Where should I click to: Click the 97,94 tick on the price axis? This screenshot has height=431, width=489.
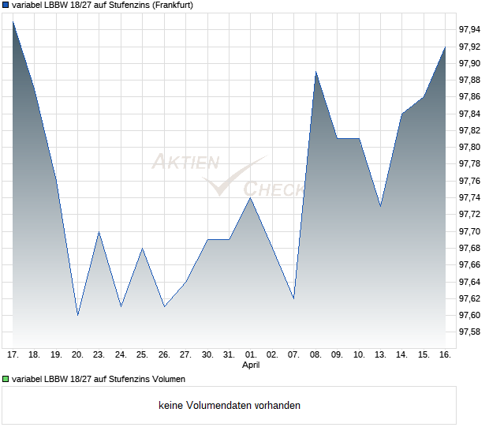469,29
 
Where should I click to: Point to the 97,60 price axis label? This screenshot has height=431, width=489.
469,316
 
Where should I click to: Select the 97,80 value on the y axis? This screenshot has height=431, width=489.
469,148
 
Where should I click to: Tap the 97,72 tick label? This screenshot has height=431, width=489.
469,215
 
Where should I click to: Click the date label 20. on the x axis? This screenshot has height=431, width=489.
77,355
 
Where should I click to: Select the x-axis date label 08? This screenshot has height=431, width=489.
315,355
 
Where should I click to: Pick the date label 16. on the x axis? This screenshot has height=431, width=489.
445,355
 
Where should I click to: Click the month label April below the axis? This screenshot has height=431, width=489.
250,365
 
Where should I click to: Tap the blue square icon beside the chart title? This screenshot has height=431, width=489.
6,6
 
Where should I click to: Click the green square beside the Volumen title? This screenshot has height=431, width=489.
6,380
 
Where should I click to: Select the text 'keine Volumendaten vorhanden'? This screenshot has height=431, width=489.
230,406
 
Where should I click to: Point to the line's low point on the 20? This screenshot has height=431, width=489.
77,315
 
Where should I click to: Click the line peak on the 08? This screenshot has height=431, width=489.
315,72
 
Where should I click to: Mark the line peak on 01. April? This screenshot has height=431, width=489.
250,198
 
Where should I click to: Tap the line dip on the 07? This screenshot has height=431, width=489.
293,298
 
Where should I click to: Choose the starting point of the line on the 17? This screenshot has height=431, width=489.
13,21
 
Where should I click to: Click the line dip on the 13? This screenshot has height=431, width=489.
380,207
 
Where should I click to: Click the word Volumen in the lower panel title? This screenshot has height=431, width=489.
165,380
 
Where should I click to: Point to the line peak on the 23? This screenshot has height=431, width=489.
99,231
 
